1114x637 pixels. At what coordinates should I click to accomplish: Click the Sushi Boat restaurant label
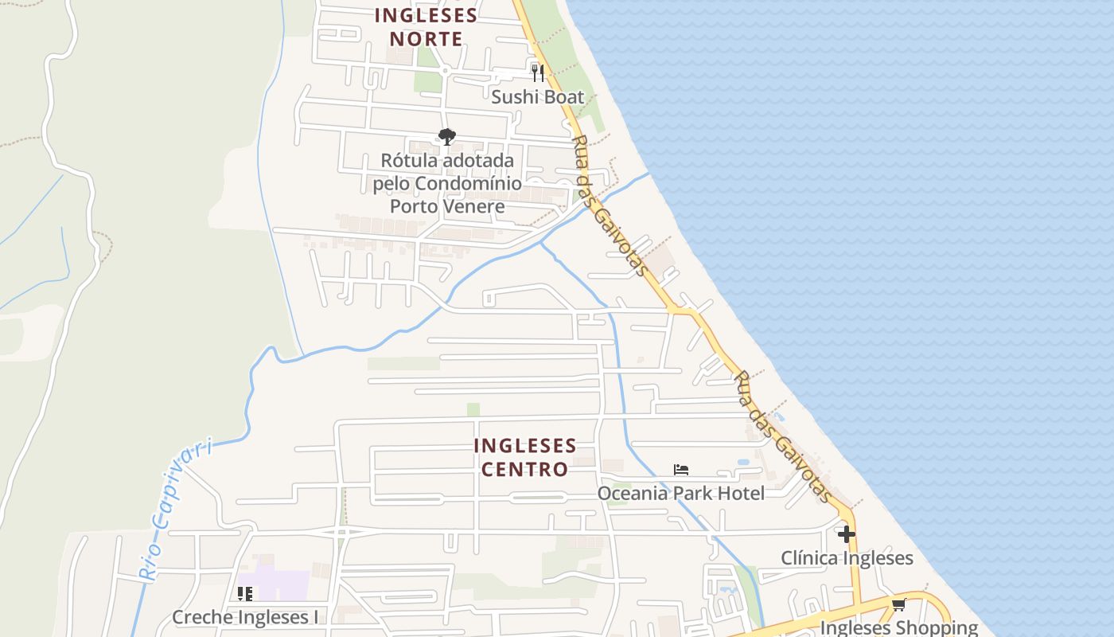537,97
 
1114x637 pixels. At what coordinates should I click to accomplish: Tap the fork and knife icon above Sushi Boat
538,73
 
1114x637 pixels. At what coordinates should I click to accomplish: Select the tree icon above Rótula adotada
447,137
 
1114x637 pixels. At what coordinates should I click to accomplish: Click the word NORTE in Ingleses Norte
427,39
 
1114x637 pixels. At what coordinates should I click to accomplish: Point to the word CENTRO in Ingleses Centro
524,469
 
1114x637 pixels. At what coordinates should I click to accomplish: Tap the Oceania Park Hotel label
680,493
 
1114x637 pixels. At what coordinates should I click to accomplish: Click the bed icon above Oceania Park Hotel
680,470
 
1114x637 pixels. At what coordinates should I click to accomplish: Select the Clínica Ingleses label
847,557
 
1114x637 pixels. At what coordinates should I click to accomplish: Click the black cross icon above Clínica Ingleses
847,533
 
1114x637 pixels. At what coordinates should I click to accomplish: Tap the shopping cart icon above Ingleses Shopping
899,604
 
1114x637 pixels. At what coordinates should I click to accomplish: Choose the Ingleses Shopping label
899,627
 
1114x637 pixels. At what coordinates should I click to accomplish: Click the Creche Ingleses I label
245,617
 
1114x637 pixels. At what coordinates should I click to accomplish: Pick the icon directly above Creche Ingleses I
245,594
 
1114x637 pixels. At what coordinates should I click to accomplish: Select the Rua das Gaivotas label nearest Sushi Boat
609,205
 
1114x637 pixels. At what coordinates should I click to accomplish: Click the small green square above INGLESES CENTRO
473,409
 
